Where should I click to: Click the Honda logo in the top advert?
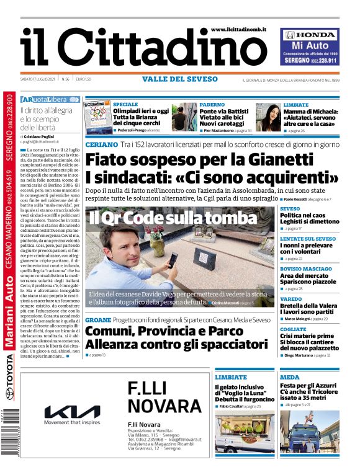pos(310,35)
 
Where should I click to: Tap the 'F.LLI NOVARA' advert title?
pos(160,397)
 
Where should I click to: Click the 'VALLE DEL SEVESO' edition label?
pos(179,79)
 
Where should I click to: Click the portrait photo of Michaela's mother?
pos(267,117)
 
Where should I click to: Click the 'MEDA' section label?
pos(289,377)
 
